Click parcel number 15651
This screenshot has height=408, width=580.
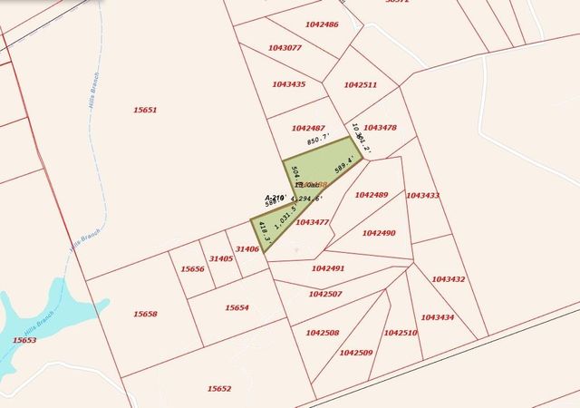point(145,110)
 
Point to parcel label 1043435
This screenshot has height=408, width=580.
point(289,84)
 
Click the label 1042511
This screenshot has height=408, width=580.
point(361,84)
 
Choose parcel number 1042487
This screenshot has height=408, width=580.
point(309,128)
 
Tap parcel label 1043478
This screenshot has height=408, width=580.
point(380,128)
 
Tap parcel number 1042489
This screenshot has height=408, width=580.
point(372,195)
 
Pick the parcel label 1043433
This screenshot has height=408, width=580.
point(423,195)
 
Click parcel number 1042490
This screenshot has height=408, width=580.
point(379,233)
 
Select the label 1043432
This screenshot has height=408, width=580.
point(449,279)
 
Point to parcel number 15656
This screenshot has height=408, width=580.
point(192,269)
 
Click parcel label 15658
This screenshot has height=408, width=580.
point(145,314)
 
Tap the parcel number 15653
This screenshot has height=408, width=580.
point(24,340)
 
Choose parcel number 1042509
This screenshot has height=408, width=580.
point(356,352)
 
